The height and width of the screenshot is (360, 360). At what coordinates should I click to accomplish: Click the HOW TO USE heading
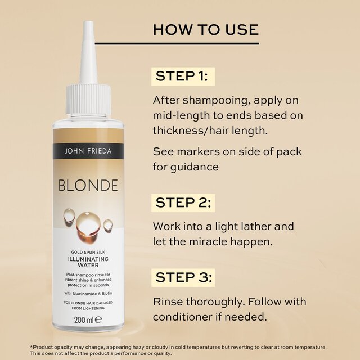coord(206,29)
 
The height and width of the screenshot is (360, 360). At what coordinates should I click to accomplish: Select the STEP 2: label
coord(182,202)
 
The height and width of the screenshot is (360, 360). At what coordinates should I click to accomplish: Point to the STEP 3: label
coord(183,277)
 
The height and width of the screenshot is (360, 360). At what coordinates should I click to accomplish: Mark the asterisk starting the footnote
coord(31,347)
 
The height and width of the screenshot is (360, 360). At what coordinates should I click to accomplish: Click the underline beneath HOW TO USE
coord(206,43)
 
